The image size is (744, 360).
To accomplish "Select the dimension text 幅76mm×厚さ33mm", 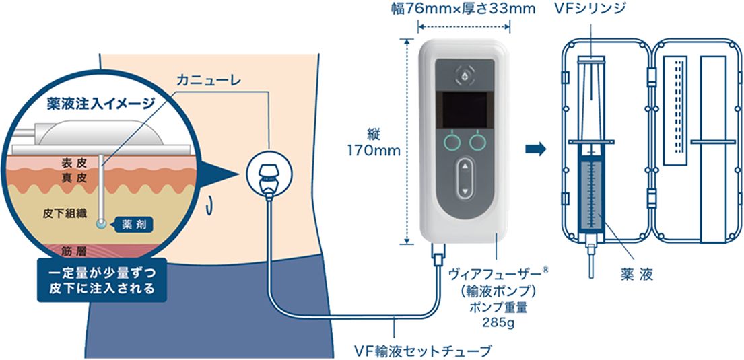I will (x=465, y=9).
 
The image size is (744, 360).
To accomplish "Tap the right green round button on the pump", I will (x=479, y=141).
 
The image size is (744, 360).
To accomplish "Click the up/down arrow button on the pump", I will (x=464, y=179).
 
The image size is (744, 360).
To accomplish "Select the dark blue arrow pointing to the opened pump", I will (x=535, y=148).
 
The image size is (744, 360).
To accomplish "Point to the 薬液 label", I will (x=634, y=275).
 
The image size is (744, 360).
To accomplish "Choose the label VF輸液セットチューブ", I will (x=422, y=350).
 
